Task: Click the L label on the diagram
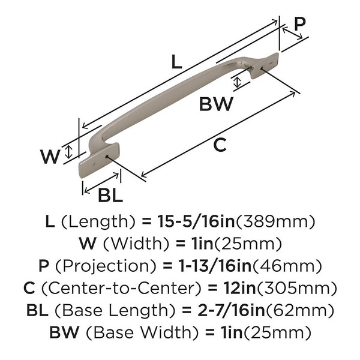pyautogui.click(x=176, y=62)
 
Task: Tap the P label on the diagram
pyautogui.click(x=299, y=24)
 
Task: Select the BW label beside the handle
pyautogui.click(x=216, y=104)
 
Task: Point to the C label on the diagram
pyautogui.click(x=220, y=145)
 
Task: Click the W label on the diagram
pyautogui.click(x=50, y=157)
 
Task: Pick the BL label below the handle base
pyautogui.click(x=110, y=195)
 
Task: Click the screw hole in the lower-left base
pyautogui.click(x=106, y=157)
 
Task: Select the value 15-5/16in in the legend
pyautogui.click(x=196, y=221)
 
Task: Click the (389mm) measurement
pyautogui.click(x=275, y=222)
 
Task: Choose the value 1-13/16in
pyautogui.click(x=215, y=266)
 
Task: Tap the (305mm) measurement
pyautogui.click(x=296, y=289)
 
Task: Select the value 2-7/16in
pyautogui.click(x=232, y=310)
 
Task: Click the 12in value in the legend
pyautogui.click(x=239, y=288)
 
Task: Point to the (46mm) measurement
pyautogui.click(x=287, y=266)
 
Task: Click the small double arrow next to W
pyautogui.click(x=68, y=152)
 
